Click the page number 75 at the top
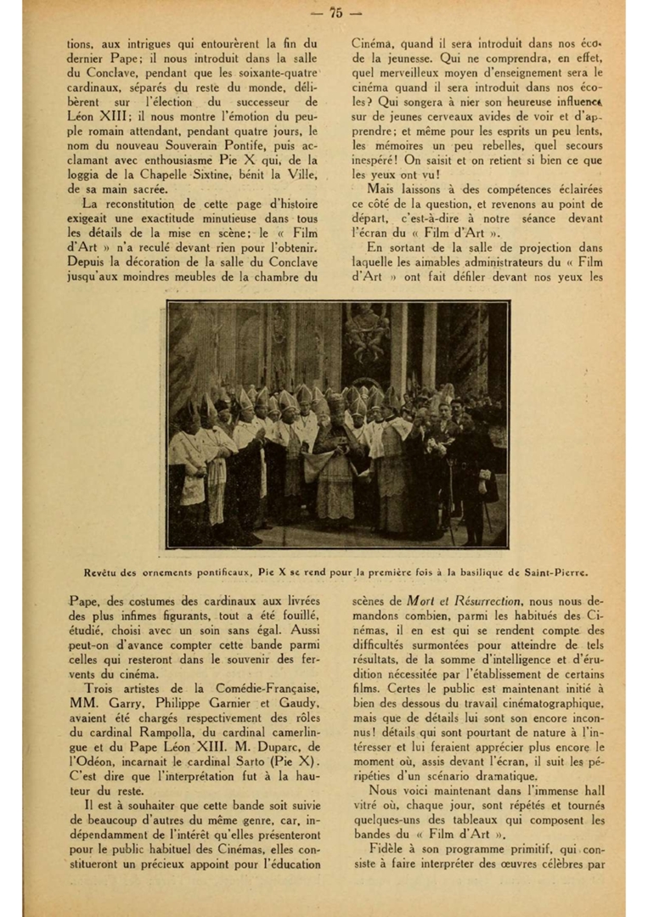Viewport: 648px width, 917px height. pos(335,12)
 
